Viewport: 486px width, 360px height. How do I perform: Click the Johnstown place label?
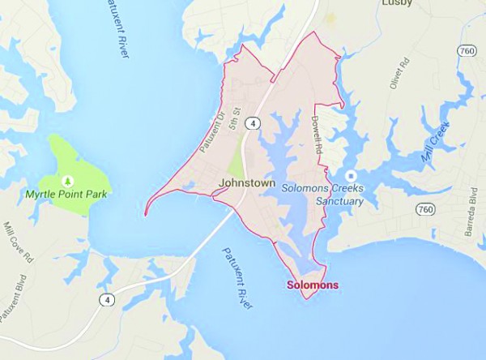(x=245, y=183)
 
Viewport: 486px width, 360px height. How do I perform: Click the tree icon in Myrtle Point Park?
(x=67, y=179)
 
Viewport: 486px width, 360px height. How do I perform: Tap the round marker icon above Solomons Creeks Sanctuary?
(x=350, y=175)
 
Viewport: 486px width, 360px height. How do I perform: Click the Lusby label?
(x=397, y=3)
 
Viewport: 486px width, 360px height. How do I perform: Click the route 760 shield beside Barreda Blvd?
(x=424, y=209)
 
